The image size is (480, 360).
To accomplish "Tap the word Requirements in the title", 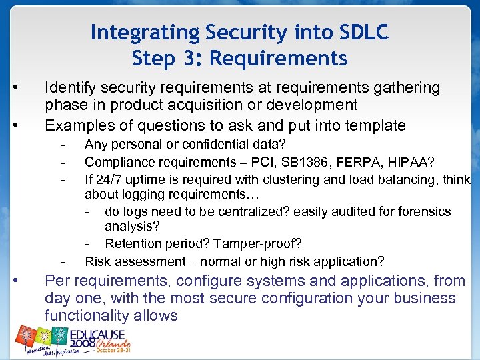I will pos(279,59).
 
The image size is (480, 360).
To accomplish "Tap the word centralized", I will pos(257,211).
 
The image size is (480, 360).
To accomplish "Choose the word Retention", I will pos(133,244).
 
